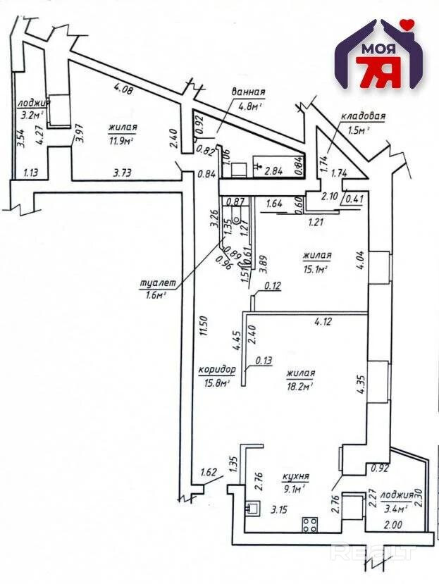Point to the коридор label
(218, 371)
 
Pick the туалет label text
(152, 284)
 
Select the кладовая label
(362, 116)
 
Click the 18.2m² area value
(299, 385)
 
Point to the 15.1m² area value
(318, 268)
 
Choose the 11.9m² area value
(122, 140)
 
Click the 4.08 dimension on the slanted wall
(124, 89)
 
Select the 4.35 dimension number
(359, 387)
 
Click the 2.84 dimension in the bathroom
(273, 169)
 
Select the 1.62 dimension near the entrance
(209, 472)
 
